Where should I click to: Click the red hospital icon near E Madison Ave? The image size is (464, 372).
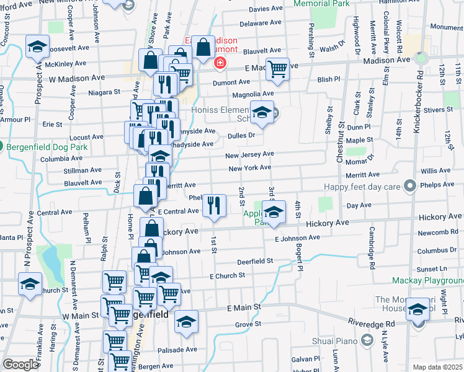[x=219, y=63]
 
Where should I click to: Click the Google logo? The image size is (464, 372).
[x=20, y=365]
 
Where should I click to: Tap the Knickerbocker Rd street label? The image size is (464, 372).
[x=420, y=92]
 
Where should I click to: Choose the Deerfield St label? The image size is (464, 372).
[x=255, y=261]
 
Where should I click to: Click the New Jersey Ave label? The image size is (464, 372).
[x=249, y=154]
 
